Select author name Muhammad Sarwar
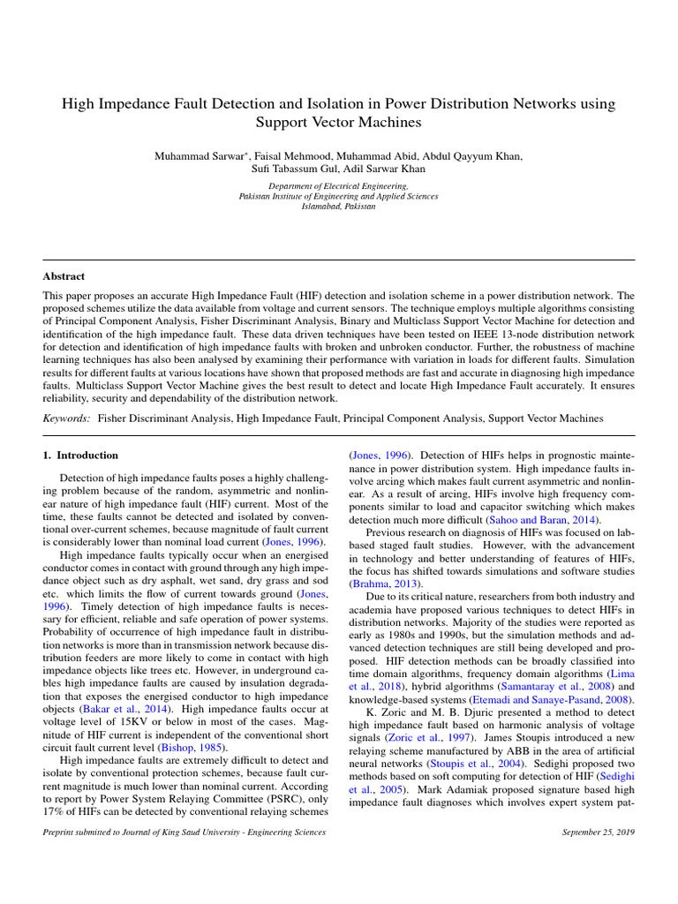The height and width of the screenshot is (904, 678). point(199,156)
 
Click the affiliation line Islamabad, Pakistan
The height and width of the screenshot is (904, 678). point(338,207)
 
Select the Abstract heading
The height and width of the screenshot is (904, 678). point(64,276)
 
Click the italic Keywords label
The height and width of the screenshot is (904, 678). point(67,418)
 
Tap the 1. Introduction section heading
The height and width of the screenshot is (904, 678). point(80,456)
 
